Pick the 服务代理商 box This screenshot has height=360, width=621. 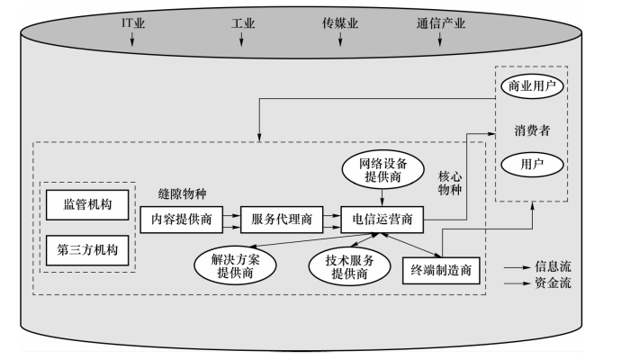279,218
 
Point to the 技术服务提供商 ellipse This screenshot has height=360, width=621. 341,266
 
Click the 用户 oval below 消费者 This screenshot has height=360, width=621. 530,165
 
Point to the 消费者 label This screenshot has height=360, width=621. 532,129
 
